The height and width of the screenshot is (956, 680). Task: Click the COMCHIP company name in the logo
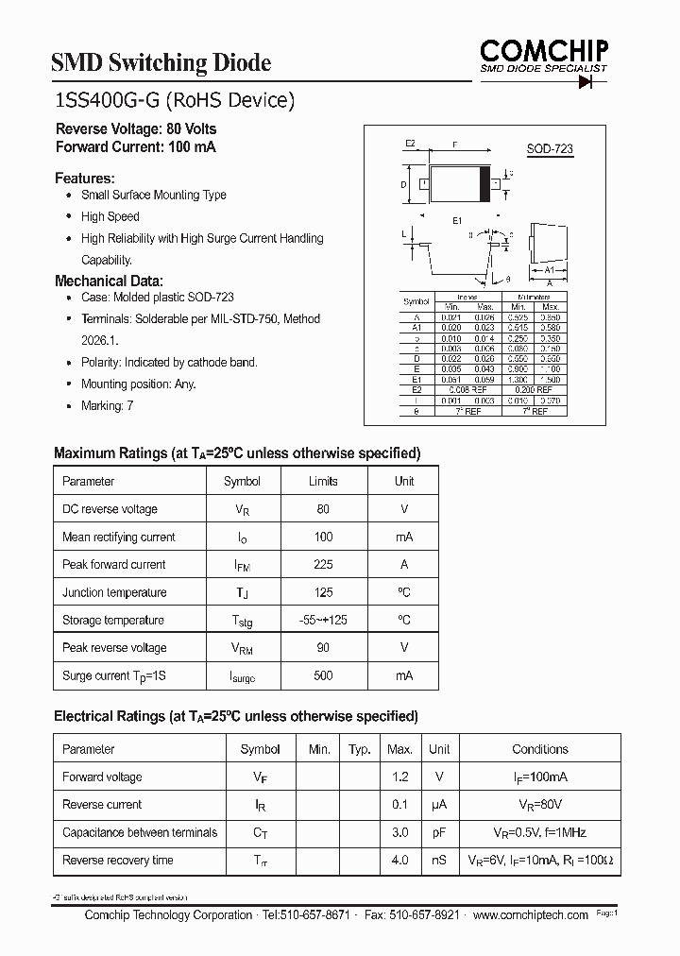pyautogui.click(x=542, y=50)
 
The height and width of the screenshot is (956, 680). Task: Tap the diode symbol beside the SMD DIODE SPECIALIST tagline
pyautogui.click(x=592, y=82)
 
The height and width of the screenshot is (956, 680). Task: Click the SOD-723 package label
pyautogui.click(x=549, y=149)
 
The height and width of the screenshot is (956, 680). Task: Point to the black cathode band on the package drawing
pyautogui.click(x=487, y=184)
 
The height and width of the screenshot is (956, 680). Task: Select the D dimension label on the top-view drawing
pyautogui.click(x=403, y=185)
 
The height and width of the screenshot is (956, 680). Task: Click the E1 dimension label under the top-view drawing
pyautogui.click(x=457, y=219)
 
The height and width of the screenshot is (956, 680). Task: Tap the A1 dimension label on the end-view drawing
pyautogui.click(x=548, y=269)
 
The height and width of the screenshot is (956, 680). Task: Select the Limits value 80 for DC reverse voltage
pyautogui.click(x=323, y=509)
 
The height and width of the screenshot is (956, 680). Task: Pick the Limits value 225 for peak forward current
pyautogui.click(x=323, y=565)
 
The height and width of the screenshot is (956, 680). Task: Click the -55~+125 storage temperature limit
pyautogui.click(x=323, y=621)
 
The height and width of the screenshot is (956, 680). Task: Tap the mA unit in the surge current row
pyautogui.click(x=403, y=676)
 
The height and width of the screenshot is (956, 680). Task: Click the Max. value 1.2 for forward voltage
pyautogui.click(x=399, y=777)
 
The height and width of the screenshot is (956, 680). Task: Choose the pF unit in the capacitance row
pyautogui.click(x=438, y=833)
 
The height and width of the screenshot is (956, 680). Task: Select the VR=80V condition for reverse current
pyautogui.click(x=539, y=805)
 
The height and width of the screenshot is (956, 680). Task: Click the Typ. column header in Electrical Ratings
pyautogui.click(x=359, y=749)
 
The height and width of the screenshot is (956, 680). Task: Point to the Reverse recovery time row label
pyautogui.click(x=117, y=861)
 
